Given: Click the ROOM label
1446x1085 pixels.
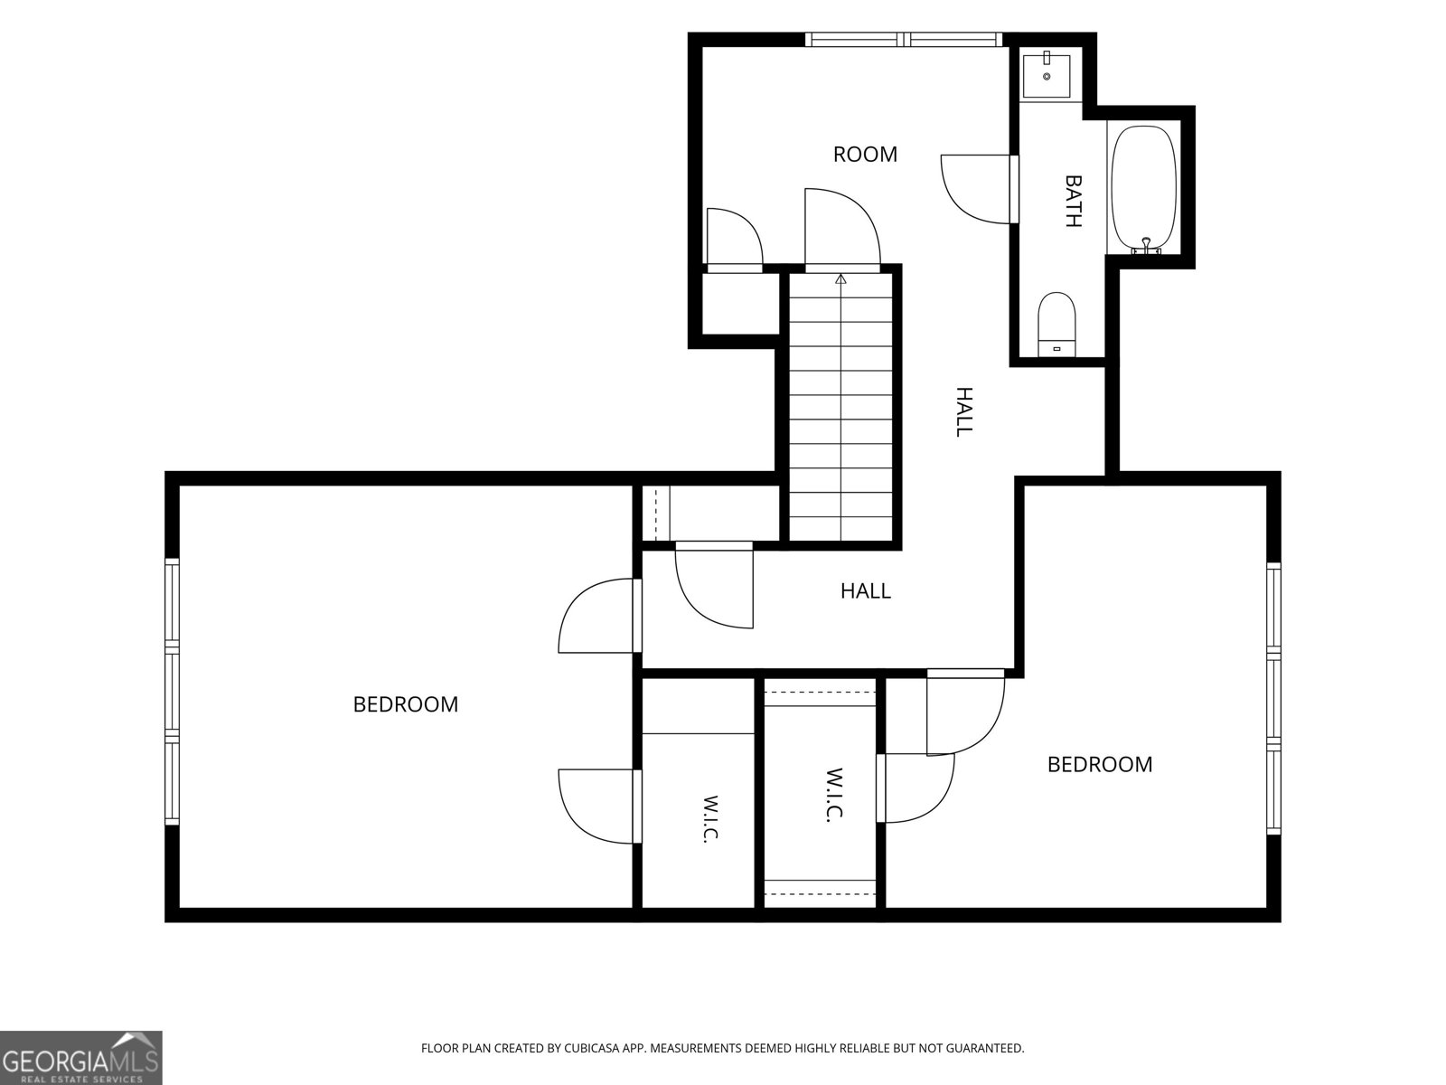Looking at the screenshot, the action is click(x=865, y=154).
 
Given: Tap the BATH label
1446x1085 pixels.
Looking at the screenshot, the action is click(x=1074, y=201).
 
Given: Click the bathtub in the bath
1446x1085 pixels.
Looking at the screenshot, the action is click(x=1144, y=190).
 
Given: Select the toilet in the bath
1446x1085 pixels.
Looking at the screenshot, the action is click(x=1056, y=325).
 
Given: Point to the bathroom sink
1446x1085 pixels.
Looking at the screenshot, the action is click(x=1047, y=76).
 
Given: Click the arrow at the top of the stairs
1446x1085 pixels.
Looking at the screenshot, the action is click(x=840, y=278).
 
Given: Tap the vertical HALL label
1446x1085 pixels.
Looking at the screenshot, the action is click(x=963, y=411).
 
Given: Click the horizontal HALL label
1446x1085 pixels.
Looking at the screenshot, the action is click(x=866, y=591).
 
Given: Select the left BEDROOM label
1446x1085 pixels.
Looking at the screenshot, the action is click(x=406, y=704).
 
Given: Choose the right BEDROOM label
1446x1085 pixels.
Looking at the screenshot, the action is click(x=1100, y=764).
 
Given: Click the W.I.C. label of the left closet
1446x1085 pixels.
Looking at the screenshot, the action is click(x=710, y=818).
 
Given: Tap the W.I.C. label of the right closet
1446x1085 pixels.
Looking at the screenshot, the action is click(x=834, y=795).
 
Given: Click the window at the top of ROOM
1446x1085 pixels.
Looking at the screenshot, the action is click(x=904, y=40).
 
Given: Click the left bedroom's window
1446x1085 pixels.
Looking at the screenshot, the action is click(x=172, y=692).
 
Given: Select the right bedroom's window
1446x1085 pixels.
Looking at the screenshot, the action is click(x=1274, y=699).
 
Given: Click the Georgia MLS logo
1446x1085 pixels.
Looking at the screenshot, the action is click(x=81, y=1058).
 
